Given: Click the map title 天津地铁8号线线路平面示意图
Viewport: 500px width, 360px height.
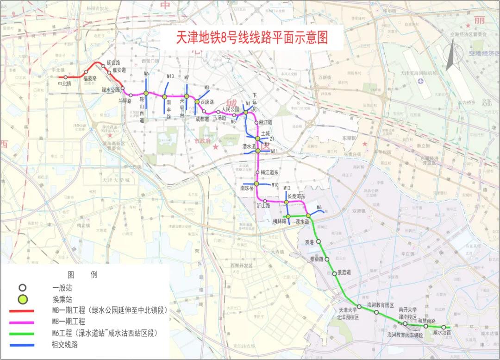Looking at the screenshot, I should coord(252,38).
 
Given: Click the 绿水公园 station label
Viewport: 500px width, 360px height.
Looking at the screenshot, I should coord(111,90).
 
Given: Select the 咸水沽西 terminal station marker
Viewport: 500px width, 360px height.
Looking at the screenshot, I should coord(443,327).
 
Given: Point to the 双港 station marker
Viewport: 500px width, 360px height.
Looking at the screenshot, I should coord(319,241).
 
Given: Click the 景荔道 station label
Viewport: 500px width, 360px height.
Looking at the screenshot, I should coord(344,272).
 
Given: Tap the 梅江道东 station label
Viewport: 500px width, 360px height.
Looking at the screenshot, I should coord(269,172).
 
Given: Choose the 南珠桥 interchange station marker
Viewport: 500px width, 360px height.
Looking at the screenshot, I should coord(256,184).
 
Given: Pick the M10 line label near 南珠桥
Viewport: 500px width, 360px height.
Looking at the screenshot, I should coord(275,185).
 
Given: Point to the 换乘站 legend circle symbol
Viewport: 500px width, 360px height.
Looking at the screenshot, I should coord(21,299).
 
